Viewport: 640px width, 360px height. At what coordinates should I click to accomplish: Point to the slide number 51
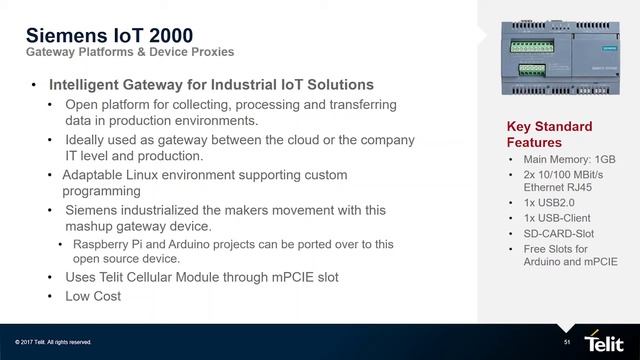point(567,341)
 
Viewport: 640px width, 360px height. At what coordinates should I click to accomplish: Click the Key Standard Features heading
point(549,135)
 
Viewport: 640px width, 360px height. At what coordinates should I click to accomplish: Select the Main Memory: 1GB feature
point(569,159)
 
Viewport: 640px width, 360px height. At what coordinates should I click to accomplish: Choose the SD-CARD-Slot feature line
point(564,233)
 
